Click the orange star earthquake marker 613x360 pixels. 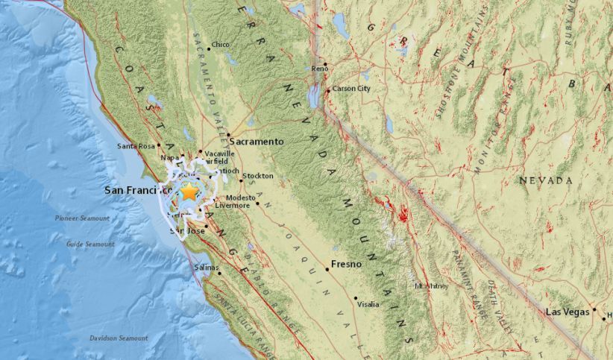(189, 192)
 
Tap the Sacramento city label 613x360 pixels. (257, 141)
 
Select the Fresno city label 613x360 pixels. (346, 264)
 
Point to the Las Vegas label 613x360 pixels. (568, 311)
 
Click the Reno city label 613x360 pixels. (321, 69)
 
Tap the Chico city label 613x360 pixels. (220, 45)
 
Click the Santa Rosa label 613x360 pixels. (136, 146)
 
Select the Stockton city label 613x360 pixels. (258, 176)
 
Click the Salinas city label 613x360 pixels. (206, 267)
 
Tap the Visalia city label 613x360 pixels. (368, 304)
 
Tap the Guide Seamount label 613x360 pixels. (89, 244)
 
